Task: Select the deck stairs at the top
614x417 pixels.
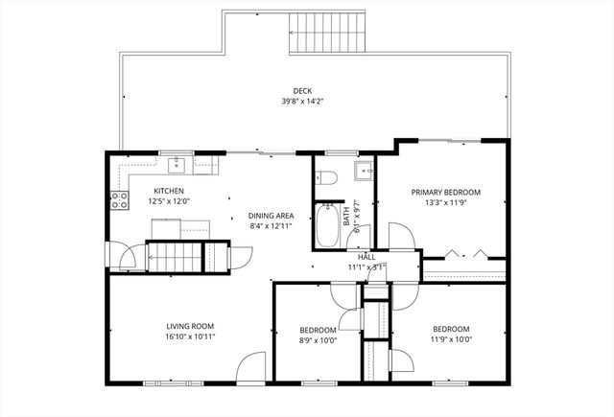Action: [328, 34]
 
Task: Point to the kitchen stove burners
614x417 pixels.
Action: [121, 200]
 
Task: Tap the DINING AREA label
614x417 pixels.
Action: [271, 216]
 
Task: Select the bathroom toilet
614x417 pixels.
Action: [326, 177]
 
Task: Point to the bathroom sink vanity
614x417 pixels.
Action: [364, 172]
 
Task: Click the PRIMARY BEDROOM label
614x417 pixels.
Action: [445, 192]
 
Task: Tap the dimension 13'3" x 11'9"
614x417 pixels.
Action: [445, 202]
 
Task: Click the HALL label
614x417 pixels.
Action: [366, 257]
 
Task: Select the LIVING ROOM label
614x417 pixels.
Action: [189, 326]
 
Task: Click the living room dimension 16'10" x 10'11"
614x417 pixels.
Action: [189, 336]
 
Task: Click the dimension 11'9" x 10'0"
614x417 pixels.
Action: [450, 337]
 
